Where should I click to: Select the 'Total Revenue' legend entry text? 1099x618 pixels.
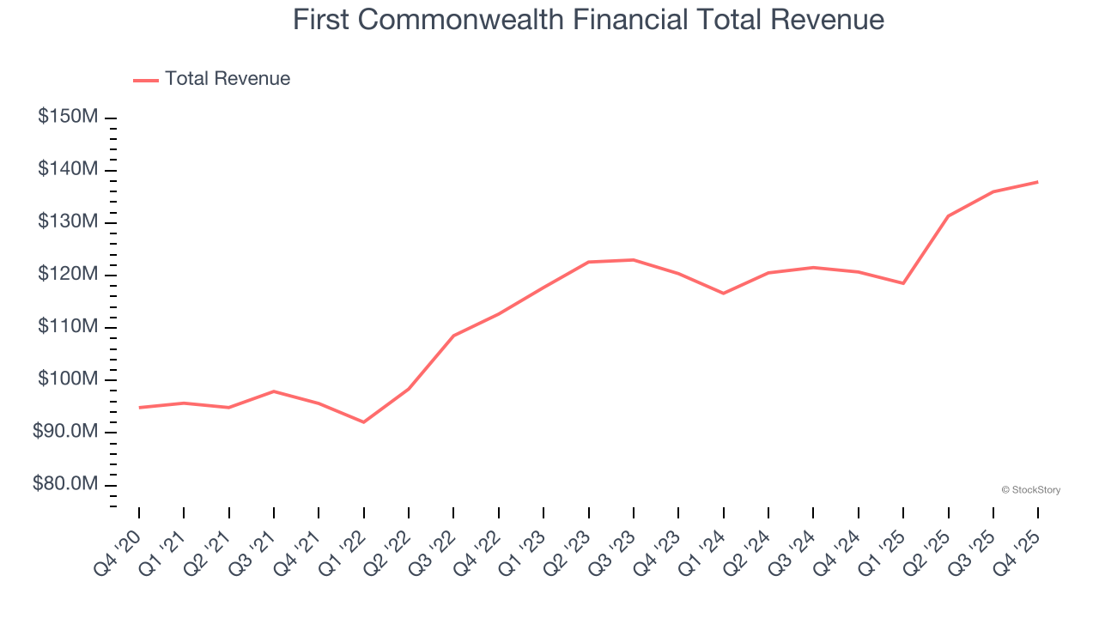[x=228, y=79]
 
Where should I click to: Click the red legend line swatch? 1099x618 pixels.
[x=146, y=80]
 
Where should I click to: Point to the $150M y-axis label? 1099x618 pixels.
[x=68, y=117]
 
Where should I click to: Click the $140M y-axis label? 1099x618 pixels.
[x=68, y=169]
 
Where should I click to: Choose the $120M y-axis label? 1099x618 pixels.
[x=68, y=274]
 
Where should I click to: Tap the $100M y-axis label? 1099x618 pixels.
[x=68, y=379]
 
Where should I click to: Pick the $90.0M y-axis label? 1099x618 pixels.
[x=65, y=432]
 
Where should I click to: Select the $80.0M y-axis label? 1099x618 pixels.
[x=65, y=484]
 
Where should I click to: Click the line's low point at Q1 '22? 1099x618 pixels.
[x=364, y=422]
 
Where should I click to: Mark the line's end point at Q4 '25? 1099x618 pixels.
[x=1038, y=182]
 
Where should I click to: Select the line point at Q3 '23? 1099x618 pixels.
[x=634, y=259]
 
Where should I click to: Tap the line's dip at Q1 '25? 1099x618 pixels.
[x=903, y=283]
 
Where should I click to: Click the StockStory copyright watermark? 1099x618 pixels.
[x=1030, y=490]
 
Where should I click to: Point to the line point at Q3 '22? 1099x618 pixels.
[x=453, y=336]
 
